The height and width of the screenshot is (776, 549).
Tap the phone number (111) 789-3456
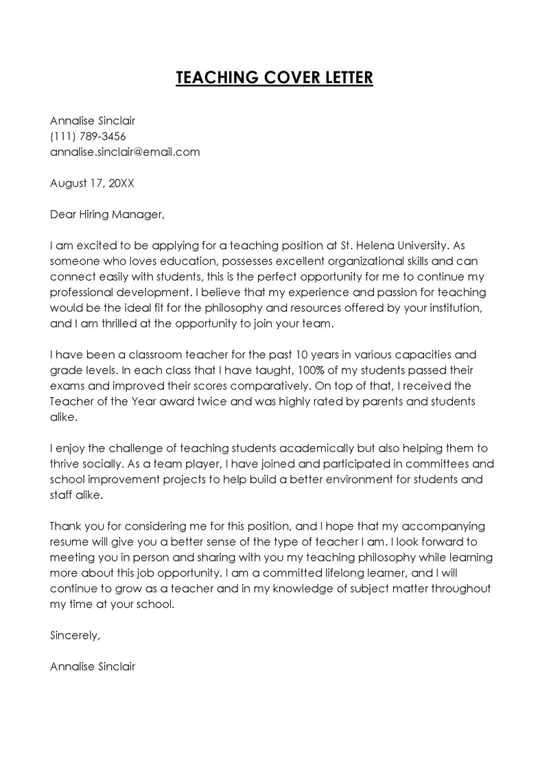click(88, 136)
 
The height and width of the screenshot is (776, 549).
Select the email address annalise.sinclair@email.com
click(125, 152)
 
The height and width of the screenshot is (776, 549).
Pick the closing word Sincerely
click(75, 635)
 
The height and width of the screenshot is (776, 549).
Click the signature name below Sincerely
click(93, 666)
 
